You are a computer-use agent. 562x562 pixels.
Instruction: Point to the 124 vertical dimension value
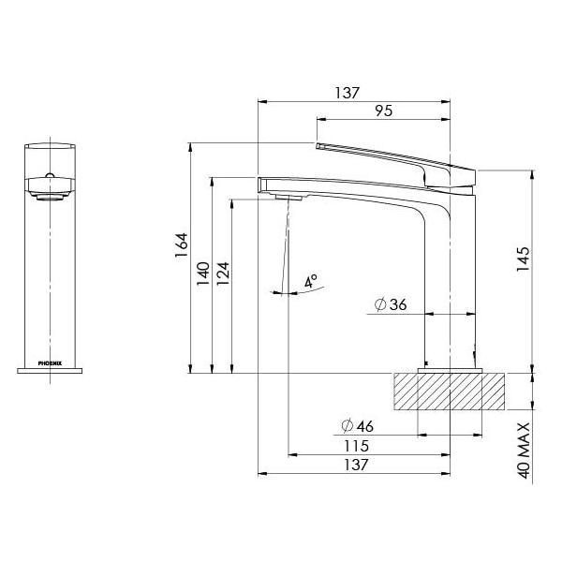click(222, 272)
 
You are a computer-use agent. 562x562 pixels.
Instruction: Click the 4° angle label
click(311, 280)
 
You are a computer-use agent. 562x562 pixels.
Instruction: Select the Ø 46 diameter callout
click(355, 427)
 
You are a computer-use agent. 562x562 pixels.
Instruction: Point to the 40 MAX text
click(525, 451)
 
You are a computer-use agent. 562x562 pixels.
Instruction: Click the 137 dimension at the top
click(348, 93)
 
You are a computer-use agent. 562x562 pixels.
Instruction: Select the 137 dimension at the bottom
click(355, 465)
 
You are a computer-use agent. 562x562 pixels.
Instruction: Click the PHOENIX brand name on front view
click(51, 360)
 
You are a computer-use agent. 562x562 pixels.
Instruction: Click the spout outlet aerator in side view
click(288, 197)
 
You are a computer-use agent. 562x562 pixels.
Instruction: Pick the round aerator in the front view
click(51, 195)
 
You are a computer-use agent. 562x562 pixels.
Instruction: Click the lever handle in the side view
click(393, 159)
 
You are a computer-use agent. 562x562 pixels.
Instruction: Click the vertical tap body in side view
click(452, 281)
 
